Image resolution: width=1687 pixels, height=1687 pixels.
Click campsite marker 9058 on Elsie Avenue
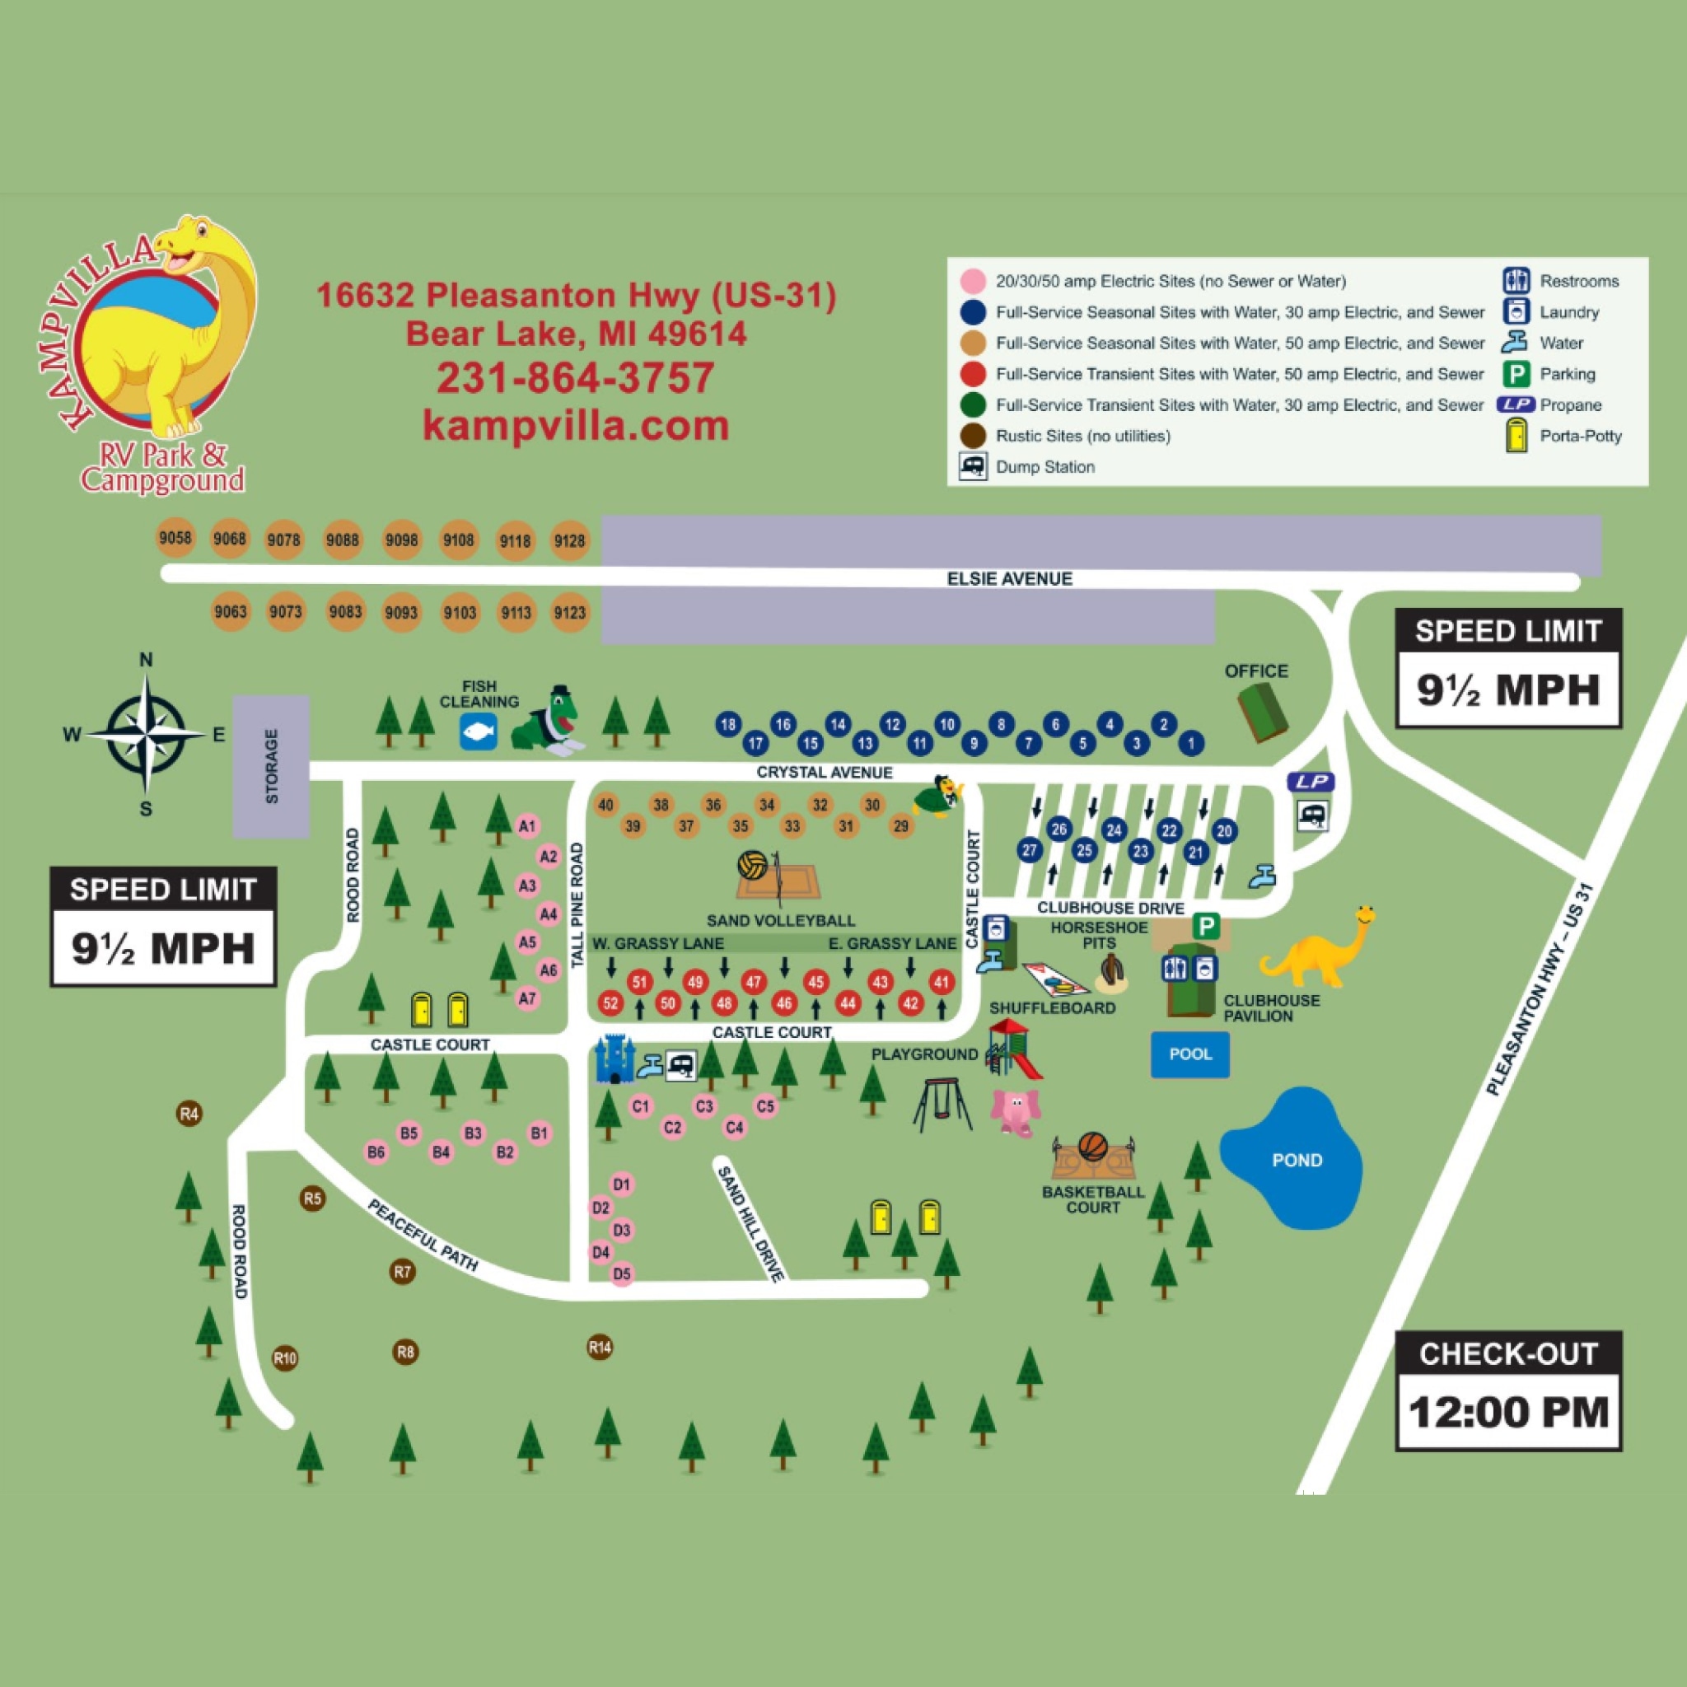[x=175, y=538]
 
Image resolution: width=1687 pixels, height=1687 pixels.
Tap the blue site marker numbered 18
[x=728, y=724]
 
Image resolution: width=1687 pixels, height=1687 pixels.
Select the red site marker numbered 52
[x=610, y=1003]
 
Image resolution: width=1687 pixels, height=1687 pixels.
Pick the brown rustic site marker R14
[x=600, y=1348]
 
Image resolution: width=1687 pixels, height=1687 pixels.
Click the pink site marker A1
[x=526, y=826]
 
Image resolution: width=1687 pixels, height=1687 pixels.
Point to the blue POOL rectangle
[x=1189, y=1054]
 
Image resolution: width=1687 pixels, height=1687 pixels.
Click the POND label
[x=1297, y=1161]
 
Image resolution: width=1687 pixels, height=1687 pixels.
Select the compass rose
[x=147, y=734]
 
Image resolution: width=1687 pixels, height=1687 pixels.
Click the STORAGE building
[x=271, y=766]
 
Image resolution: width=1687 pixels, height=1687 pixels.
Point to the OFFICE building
[x=1263, y=713]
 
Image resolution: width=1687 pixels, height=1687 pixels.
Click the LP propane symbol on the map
[x=1311, y=782]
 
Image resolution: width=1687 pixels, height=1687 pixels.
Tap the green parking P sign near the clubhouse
[x=1206, y=927]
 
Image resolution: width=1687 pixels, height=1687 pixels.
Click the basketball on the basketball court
[x=1092, y=1146]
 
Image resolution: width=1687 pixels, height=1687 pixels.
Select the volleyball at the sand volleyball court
[x=752, y=866]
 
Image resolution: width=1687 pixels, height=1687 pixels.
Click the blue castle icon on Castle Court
[x=614, y=1059]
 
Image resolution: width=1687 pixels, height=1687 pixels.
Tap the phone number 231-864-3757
[x=576, y=378]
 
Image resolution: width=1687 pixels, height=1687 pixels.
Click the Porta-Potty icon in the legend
[x=1516, y=436]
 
